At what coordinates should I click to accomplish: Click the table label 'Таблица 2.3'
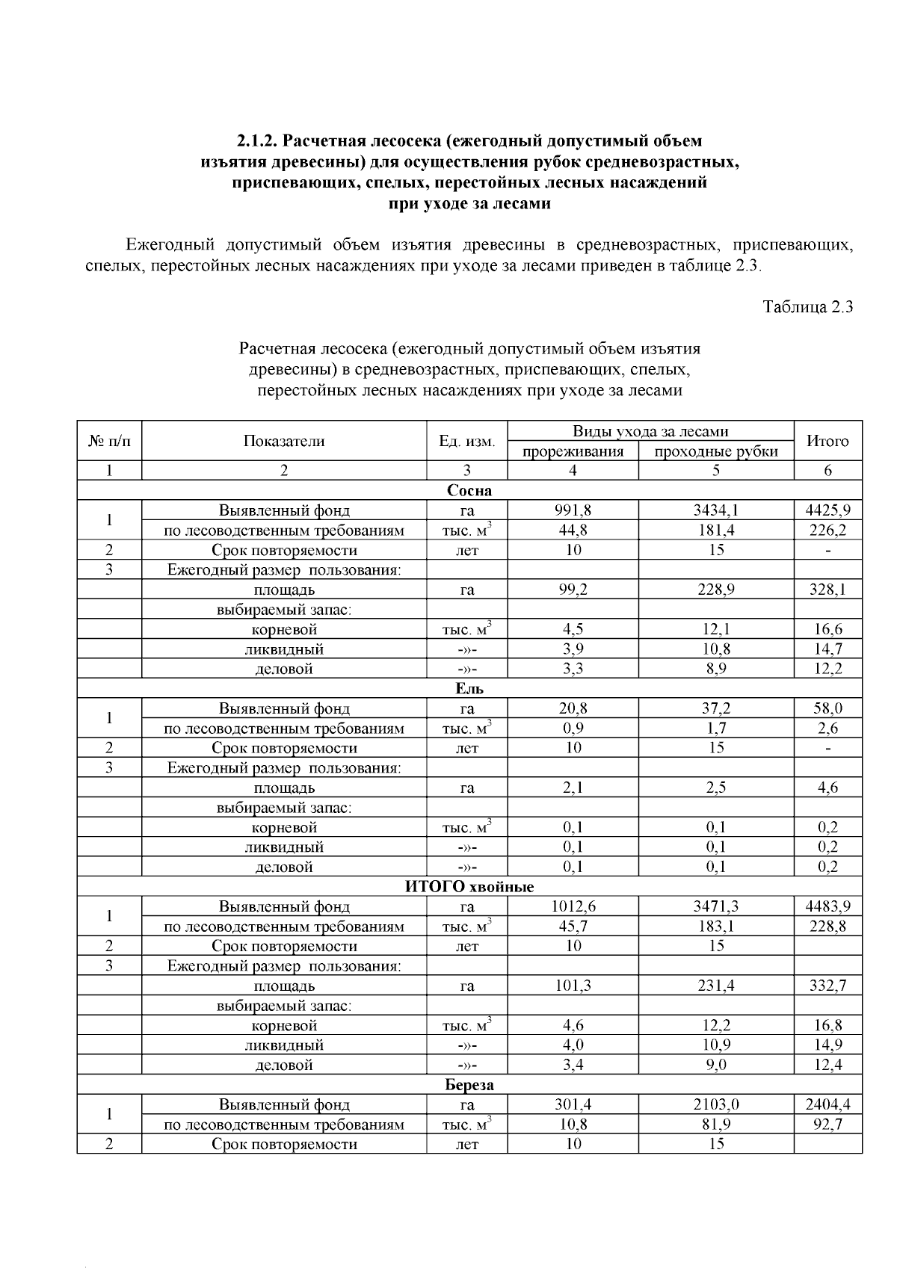[807, 307]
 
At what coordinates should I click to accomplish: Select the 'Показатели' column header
[284, 441]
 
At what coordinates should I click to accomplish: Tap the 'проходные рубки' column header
[715, 451]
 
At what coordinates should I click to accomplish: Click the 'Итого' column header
[827, 441]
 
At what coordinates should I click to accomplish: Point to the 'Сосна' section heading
[469, 491]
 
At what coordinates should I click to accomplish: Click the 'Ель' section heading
[469, 689]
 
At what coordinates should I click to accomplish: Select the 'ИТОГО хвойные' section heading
[469, 887]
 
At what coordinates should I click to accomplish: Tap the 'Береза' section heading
[469, 1085]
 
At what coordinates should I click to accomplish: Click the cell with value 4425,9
[827, 511]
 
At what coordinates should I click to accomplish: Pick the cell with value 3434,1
[715, 511]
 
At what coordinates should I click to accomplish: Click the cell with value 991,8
[573, 511]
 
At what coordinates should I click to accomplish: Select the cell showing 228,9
[715, 590]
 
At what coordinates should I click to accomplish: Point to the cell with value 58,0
[827, 709]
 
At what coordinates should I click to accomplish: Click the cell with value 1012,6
[573, 907]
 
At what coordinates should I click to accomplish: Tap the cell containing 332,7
[827, 986]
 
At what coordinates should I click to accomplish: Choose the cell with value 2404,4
[827, 1105]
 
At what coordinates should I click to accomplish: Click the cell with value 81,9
[715, 1125]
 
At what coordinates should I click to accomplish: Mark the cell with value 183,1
[715, 927]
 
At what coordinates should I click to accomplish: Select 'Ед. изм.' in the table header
[466, 441]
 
